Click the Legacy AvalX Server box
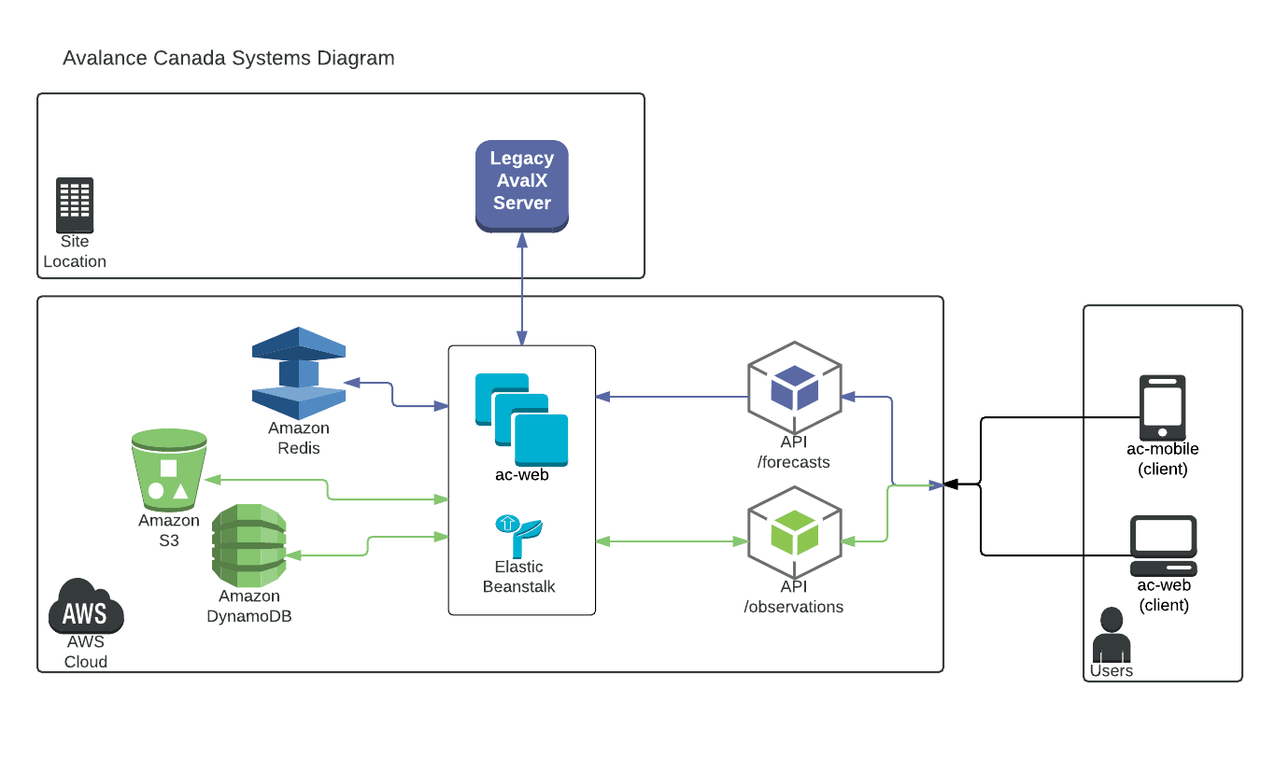pyautogui.click(x=521, y=186)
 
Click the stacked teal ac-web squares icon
pyautogui.click(x=521, y=419)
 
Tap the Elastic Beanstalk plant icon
pyautogui.click(x=519, y=536)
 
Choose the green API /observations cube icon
pyautogui.click(x=795, y=532)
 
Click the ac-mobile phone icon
pyautogui.click(x=1162, y=407)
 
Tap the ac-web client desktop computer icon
pyautogui.click(x=1163, y=546)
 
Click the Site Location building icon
pyautogui.click(x=75, y=205)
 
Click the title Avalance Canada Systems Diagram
pyautogui.click(x=229, y=58)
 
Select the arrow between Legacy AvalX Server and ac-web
pyautogui.click(x=521, y=289)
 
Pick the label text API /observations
pyautogui.click(x=794, y=597)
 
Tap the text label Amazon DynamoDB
pyautogui.click(x=249, y=606)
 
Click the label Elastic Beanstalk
pyautogui.click(x=519, y=577)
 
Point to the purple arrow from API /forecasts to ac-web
pyautogui.click(x=673, y=397)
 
